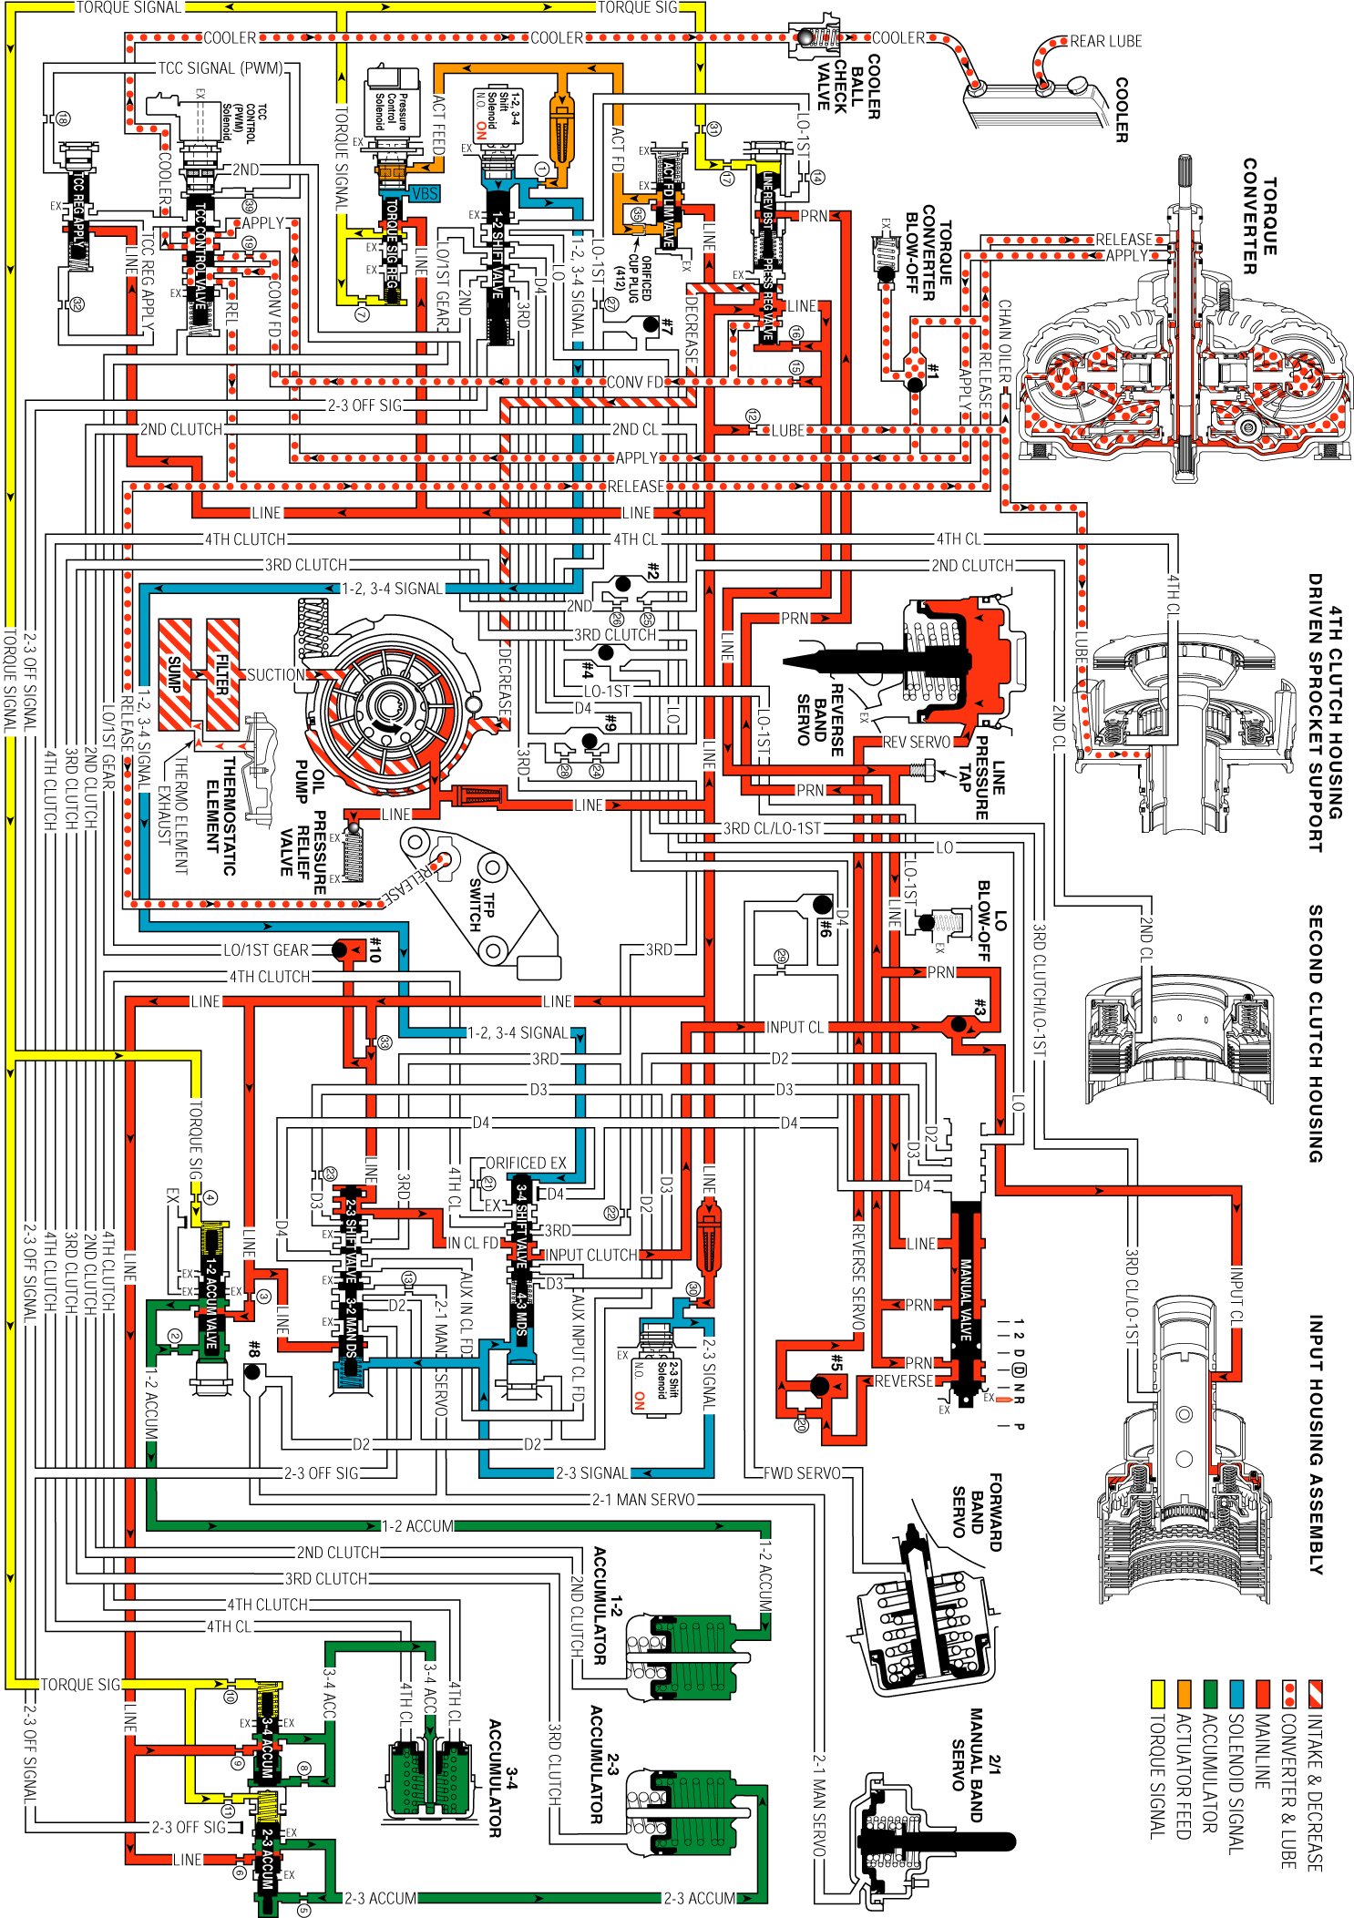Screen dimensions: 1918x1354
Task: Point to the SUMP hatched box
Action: [175, 674]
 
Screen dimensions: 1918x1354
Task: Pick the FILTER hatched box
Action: [222, 674]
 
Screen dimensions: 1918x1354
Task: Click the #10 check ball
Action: [340, 950]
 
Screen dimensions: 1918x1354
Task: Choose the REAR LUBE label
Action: [1105, 41]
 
